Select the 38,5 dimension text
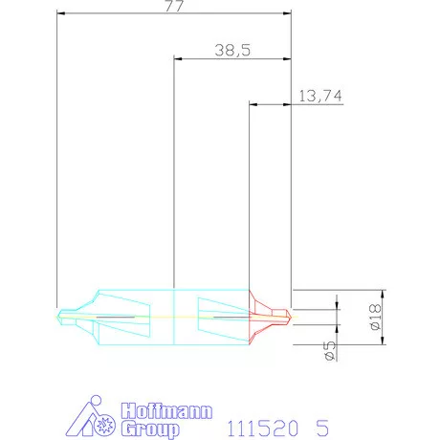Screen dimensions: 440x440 pyautogui.click(x=231, y=52)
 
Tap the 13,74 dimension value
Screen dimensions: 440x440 pyautogui.click(x=320, y=95)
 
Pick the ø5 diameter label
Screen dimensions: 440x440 pyautogui.click(x=328, y=350)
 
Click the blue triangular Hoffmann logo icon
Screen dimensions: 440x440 pyautogui.click(x=96, y=417)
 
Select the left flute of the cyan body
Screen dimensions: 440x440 pyautogui.click(x=123, y=315)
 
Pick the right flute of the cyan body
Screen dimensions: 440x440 pyautogui.click(x=219, y=315)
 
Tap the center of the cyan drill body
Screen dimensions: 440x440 pyautogui.click(x=173, y=315)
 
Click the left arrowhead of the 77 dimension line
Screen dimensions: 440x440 pyautogui.click(x=60, y=14)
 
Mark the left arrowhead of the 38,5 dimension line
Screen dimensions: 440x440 pyautogui.click(x=177, y=59)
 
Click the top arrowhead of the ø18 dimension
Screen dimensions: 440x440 pyautogui.click(x=381, y=291)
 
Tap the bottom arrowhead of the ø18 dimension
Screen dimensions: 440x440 pyautogui.click(x=381, y=340)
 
